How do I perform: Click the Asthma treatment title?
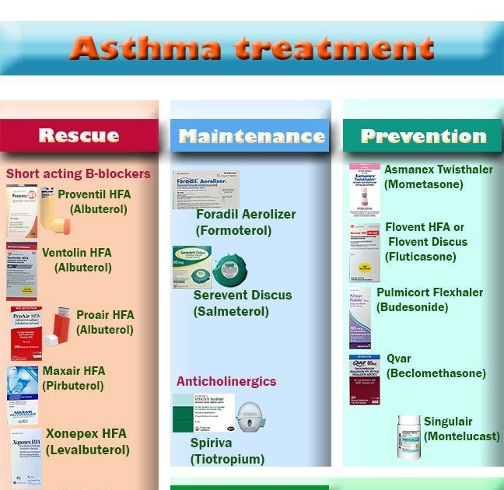tap(251, 48)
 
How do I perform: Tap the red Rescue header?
tap(79, 135)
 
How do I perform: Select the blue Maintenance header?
tap(251, 136)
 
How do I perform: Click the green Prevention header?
tap(423, 136)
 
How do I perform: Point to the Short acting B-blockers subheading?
tap(79, 173)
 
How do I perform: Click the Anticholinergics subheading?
tap(226, 382)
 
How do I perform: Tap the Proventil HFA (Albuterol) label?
tap(99, 201)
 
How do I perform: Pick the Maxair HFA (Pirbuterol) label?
tap(74, 378)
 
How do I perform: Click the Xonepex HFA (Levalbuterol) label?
tap(87, 441)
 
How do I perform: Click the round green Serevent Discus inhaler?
tap(231, 270)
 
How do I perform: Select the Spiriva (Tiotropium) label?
tap(227, 450)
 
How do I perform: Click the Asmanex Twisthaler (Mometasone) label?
tap(438, 177)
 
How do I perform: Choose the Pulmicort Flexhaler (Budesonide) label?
tap(429, 299)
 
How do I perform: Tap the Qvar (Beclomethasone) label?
tap(436, 366)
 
